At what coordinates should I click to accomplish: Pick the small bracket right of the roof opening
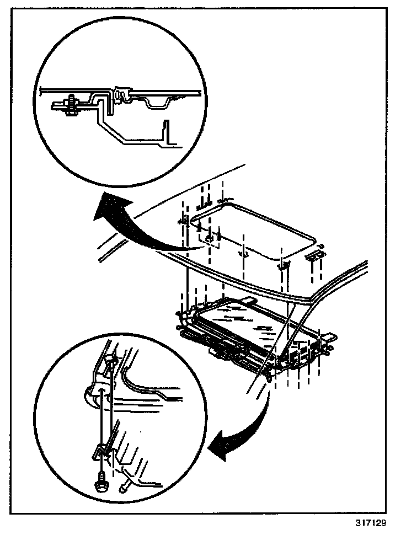[316, 254]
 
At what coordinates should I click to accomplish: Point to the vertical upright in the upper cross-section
[167, 132]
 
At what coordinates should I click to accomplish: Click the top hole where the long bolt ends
[110, 362]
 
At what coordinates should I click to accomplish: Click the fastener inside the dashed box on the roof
[208, 238]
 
